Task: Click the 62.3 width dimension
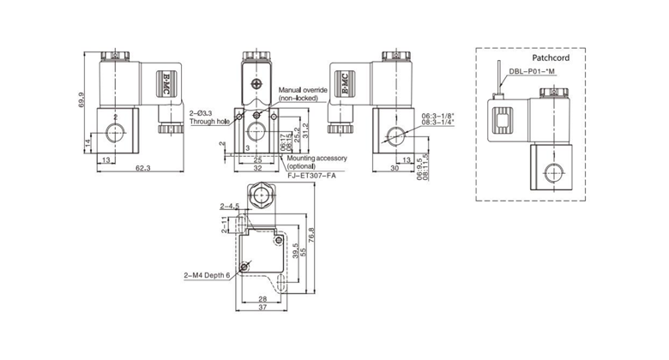(x=142, y=170)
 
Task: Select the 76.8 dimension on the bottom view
(x=314, y=234)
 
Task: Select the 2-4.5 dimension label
(x=228, y=206)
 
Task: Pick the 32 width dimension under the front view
(x=256, y=169)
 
